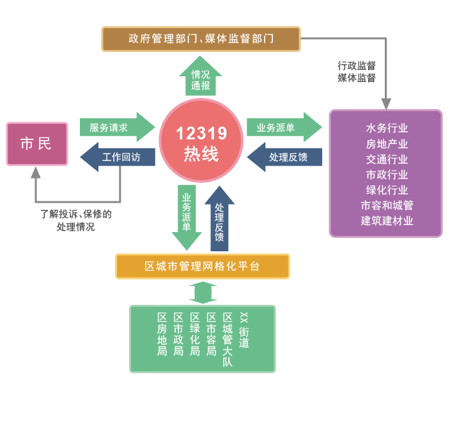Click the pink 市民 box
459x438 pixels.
pos(36,144)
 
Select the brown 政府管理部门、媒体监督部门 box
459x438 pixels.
pos(201,39)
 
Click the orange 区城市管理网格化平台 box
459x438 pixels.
pos(202,266)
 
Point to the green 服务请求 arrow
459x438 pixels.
pos(115,127)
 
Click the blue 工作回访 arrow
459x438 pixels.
pos(118,157)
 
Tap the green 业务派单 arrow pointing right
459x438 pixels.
pos(282,127)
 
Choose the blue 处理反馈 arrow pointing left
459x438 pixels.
pos(285,157)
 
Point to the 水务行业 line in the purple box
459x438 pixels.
pos(386,129)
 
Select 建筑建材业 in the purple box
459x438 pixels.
pos(386,221)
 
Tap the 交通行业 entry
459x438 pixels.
pos(386,159)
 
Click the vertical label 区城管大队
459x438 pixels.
pos(227,340)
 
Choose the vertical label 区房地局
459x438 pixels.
pos(162,334)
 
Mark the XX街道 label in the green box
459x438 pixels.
pos(244,330)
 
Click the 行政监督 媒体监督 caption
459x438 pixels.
pos(356,72)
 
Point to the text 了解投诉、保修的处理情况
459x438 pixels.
pos(75,220)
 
